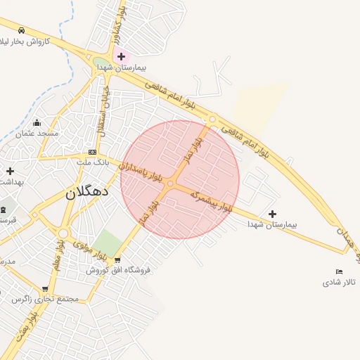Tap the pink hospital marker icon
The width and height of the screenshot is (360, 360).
tap(121, 56)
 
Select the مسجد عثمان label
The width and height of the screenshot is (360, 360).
tap(38, 133)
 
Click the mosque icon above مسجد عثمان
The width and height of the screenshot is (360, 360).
tap(37, 123)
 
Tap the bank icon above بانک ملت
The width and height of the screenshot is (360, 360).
tap(92, 153)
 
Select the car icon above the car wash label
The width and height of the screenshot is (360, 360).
tap(22, 31)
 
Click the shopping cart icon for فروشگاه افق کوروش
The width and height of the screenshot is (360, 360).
tap(117, 260)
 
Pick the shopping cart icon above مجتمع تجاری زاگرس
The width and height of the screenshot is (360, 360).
tap(45, 289)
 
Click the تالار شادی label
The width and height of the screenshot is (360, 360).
tap(339, 282)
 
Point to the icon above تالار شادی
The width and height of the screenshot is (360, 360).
tap(340, 272)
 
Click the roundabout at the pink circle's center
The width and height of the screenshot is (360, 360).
tap(170, 184)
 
